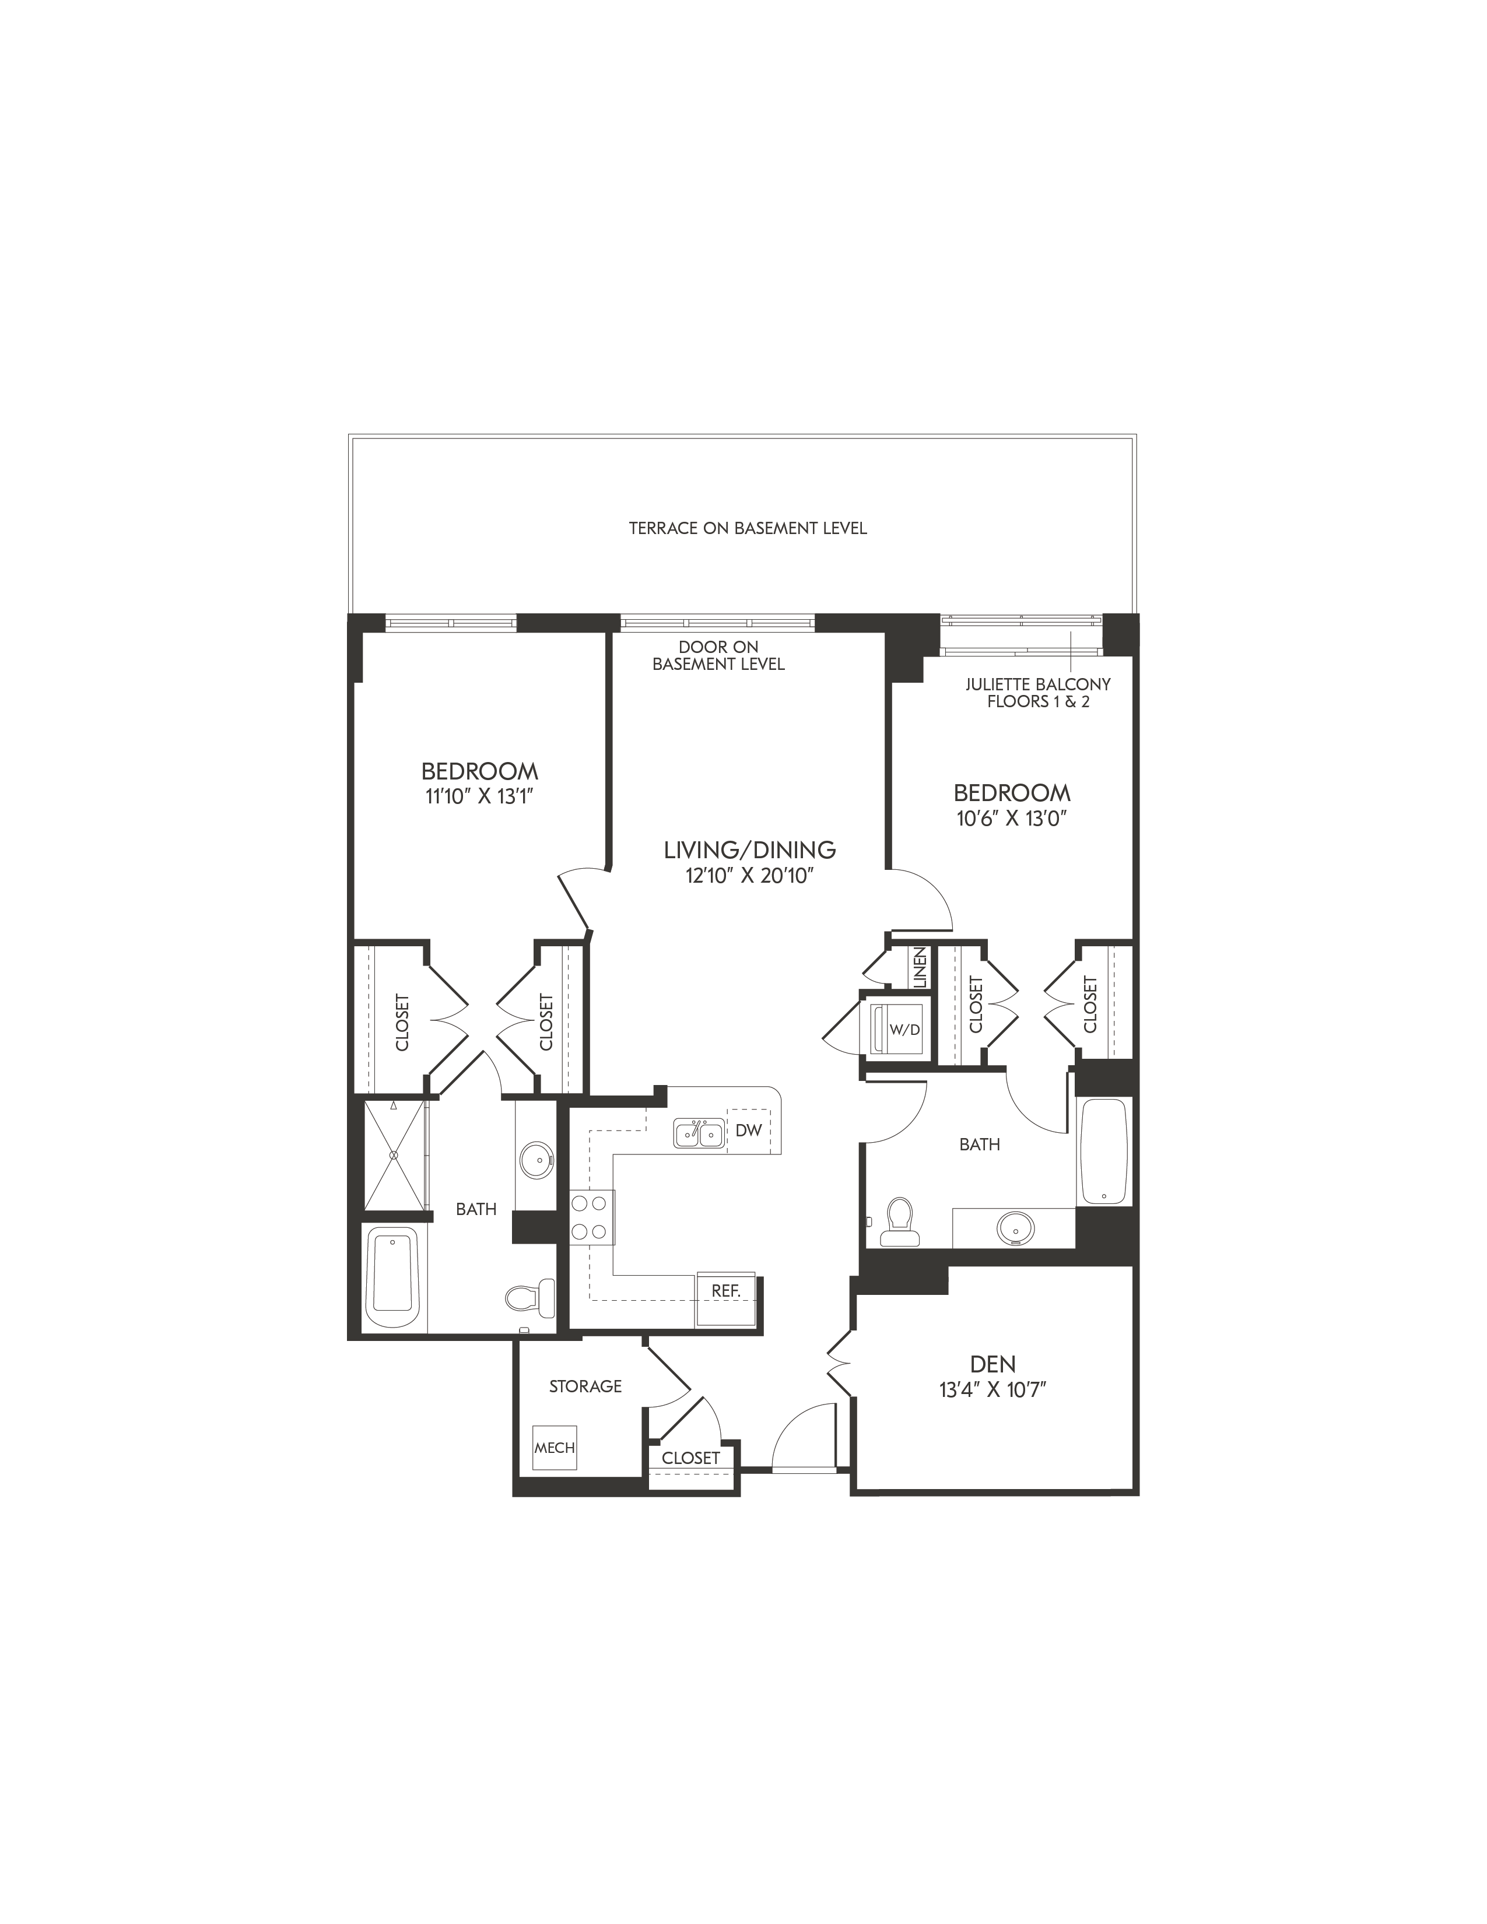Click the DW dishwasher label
(x=748, y=1130)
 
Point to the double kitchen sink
(x=699, y=1134)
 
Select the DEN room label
(x=993, y=1365)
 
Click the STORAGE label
(x=586, y=1386)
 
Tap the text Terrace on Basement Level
(x=748, y=529)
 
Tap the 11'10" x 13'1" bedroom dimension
(x=480, y=796)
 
